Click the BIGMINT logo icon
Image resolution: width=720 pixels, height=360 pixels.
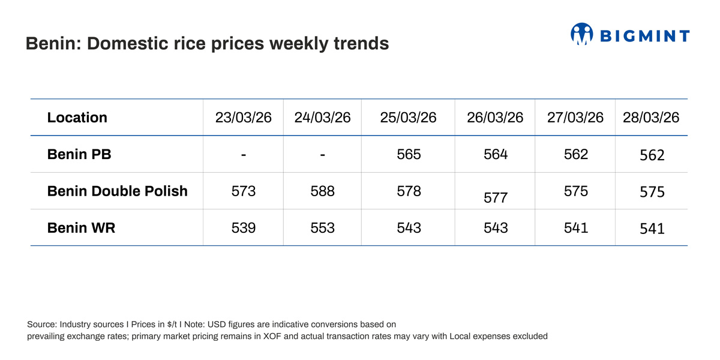pos(581,34)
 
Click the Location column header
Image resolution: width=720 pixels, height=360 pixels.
pos(77,118)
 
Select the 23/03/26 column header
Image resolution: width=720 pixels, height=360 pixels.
pos(243,118)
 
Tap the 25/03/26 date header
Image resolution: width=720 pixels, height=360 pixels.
pos(408,118)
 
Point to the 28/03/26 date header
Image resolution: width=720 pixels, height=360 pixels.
pos(651,118)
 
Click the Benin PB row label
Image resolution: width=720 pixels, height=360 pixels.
pos(79,154)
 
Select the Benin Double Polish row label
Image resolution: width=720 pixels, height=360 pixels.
pos(117,191)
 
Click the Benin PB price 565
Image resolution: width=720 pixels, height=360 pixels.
pos(409,154)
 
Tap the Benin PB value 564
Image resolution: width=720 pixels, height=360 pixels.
pos(495,154)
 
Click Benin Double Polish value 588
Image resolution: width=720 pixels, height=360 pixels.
pos(322,191)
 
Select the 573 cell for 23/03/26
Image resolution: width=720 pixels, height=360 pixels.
pos(243,191)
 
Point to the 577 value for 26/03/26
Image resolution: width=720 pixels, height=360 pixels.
pos(495,198)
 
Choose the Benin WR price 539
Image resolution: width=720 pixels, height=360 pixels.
pos(243,228)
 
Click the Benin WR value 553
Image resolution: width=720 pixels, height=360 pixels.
pos(322,228)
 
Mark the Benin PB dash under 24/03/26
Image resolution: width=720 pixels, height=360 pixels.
pos(322,155)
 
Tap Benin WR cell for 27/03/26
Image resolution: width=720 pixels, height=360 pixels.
pos(575,228)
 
